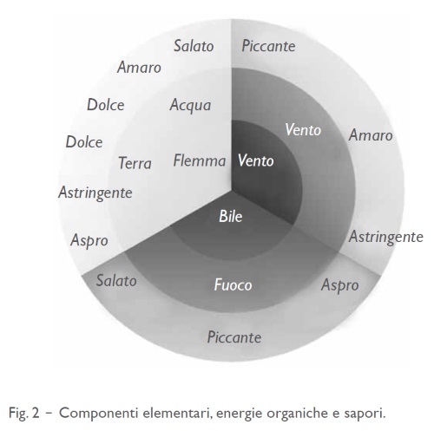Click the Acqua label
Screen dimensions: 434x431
(190, 105)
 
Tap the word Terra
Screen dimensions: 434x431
(135, 163)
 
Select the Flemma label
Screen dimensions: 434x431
(200, 160)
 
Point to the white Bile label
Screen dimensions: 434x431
(230, 216)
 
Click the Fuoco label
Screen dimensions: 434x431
(233, 284)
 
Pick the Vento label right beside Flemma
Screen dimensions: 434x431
(256, 160)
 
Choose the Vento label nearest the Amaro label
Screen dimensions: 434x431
(303, 129)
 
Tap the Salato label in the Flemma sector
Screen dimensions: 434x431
(194, 46)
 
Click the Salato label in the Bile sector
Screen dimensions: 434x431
(116, 281)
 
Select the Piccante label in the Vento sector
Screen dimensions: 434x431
(268, 46)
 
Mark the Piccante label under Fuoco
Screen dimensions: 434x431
(234, 337)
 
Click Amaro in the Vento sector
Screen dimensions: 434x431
(371, 135)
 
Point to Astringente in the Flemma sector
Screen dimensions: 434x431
(95, 193)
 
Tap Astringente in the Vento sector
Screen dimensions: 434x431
(386, 238)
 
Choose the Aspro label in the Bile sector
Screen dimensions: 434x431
(340, 285)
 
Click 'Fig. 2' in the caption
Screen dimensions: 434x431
(23, 413)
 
